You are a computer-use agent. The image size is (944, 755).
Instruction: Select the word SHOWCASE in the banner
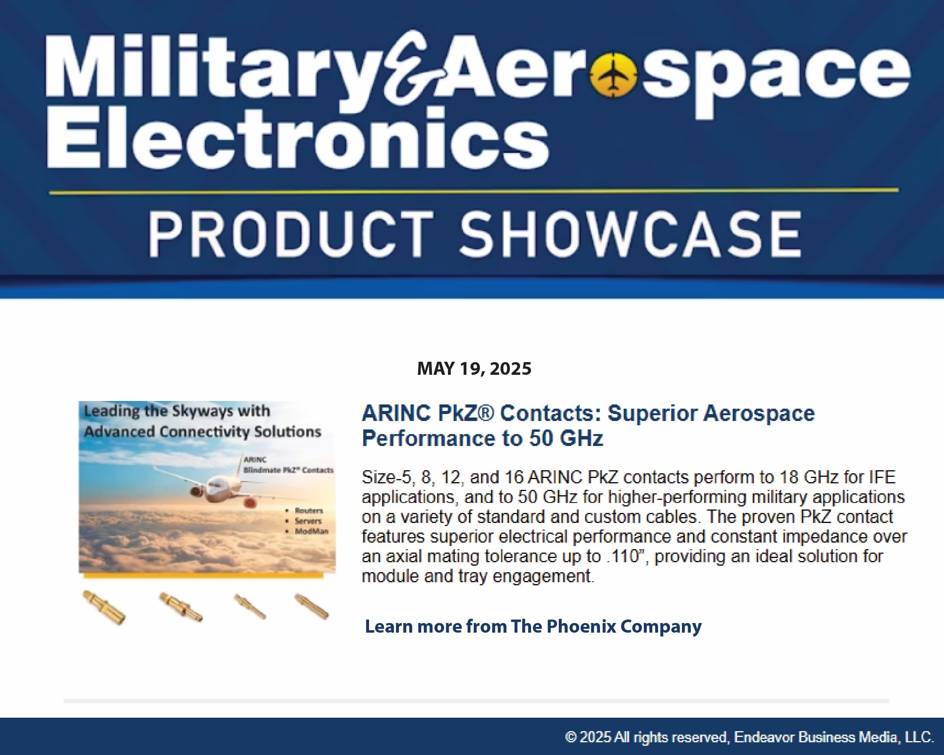click(630, 234)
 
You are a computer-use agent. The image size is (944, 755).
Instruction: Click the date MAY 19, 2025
click(474, 369)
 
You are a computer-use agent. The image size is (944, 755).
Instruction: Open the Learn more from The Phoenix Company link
click(533, 626)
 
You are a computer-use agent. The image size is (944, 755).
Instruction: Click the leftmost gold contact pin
click(104, 607)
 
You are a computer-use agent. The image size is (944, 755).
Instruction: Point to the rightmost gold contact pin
click(311, 606)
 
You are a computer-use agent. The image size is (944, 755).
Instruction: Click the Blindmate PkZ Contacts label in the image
click(288, 470)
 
